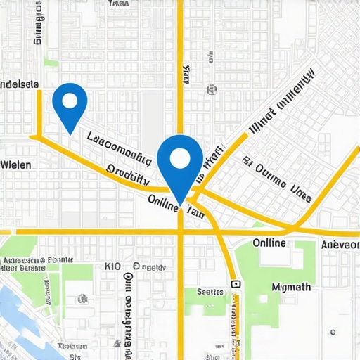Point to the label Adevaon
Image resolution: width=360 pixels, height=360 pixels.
tap(340, 244)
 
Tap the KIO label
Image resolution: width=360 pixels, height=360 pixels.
tap(112, 266)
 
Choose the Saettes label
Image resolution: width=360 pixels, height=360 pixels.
tap(210, 291)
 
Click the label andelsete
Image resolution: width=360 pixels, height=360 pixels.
tap(20, 84)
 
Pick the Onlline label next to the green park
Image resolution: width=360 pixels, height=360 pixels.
tap(269, 243)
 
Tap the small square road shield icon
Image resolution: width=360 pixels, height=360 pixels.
tap(235, 285)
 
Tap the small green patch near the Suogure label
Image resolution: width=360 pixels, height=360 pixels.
tap(51, 62)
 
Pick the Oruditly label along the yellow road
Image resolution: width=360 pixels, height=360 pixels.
tap(128, 174)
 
